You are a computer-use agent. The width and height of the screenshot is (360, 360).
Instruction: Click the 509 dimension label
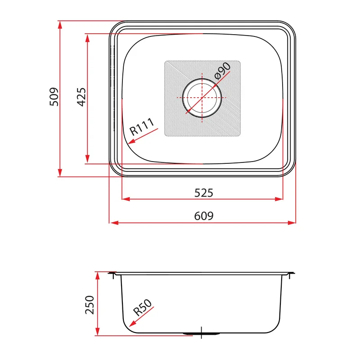pos(54,97)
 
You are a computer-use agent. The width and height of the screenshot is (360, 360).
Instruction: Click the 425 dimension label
pos(81,97)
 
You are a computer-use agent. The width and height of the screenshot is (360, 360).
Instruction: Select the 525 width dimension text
pos(204,193)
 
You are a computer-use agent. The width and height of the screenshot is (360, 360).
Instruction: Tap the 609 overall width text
pos(204,216)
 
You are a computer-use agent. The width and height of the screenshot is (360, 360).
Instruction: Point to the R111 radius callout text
pos(142,126)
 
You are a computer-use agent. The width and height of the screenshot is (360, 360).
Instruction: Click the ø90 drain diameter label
pos(222,71)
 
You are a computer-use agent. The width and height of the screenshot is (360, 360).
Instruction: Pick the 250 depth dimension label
pos(90,305)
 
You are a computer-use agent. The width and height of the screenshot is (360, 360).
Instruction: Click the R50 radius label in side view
pos(142,308)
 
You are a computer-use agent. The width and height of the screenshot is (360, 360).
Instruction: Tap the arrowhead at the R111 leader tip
pos(131,142)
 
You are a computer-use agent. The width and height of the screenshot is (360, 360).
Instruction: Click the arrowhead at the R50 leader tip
pos(132,324)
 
